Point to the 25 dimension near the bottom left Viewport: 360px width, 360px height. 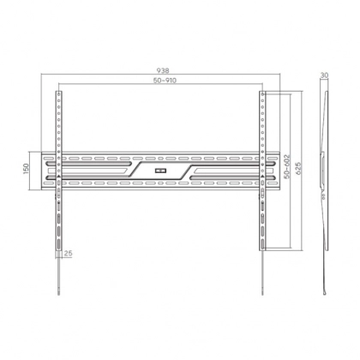pos(68,253)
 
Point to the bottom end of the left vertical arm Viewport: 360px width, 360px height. pos(57,248)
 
